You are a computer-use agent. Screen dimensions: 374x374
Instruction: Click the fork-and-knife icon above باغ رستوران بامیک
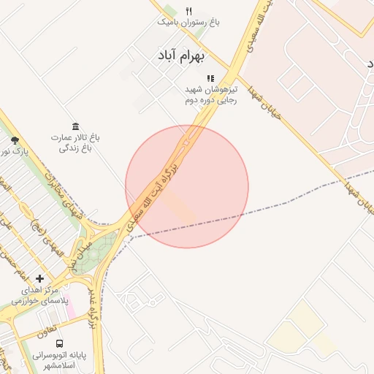coord(188,11)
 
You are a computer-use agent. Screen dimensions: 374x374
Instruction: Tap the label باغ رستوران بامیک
coord(188,22)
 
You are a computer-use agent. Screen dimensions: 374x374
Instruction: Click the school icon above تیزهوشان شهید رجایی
coord(210,78)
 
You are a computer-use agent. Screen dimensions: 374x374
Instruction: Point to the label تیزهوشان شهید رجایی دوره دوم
coord(210,94)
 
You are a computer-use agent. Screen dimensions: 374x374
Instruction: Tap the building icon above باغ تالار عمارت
coord(76,126)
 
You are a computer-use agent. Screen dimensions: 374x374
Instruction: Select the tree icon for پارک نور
coord(15,140)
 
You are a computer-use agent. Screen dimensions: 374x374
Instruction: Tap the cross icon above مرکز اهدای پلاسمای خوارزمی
coord(39,278)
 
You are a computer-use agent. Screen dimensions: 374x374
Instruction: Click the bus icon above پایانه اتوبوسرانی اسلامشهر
coord(59,343)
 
